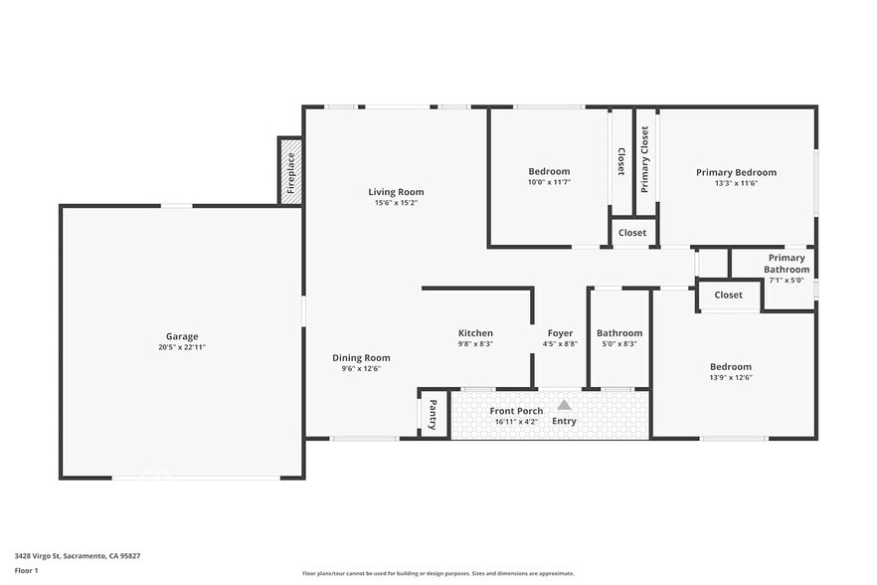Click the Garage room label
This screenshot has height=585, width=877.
click(x=182, y=336)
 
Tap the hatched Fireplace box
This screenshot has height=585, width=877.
click(x=290, y=172)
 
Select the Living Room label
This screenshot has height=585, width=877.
click(x=396, y=192)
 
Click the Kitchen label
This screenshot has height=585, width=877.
click(x=475, y=333)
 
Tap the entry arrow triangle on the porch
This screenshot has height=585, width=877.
click(x=564, y=405)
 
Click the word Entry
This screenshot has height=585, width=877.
click(x=564, y=421)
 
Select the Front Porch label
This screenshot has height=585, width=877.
click(x=516, y=411)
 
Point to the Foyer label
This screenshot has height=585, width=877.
click(x=560, y=333)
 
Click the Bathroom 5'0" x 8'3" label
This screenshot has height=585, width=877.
click(x=618, y=333)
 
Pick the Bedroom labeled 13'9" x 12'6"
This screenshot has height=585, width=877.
click(x=730, y=366)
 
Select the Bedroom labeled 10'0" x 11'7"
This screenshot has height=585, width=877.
click(x=549, y=172)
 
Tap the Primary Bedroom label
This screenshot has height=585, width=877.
click(x=736, y=172)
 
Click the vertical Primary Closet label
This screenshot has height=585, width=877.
click(x=644, y=159)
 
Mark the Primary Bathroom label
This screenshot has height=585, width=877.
click(x=787, y=264)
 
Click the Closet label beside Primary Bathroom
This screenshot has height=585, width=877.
click(x=728, y=294)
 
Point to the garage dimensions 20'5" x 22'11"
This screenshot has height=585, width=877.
click(x=182, y=347)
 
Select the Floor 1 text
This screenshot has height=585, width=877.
click(x=26, y=570)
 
